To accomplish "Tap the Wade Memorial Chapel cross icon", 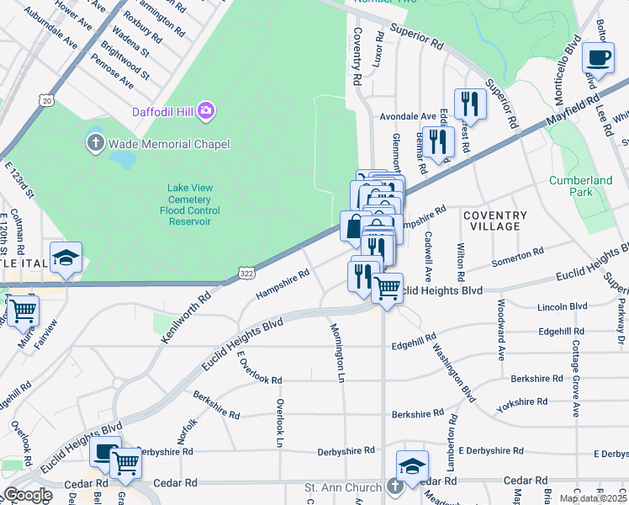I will (95, 144).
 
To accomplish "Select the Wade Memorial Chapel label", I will (167, 144).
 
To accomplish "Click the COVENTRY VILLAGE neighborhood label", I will (495, 221).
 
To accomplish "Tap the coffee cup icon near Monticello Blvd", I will (599, 58).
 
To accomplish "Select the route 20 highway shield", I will (47, 100).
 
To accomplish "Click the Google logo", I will (28, 495).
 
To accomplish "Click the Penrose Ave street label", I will (114, 72).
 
